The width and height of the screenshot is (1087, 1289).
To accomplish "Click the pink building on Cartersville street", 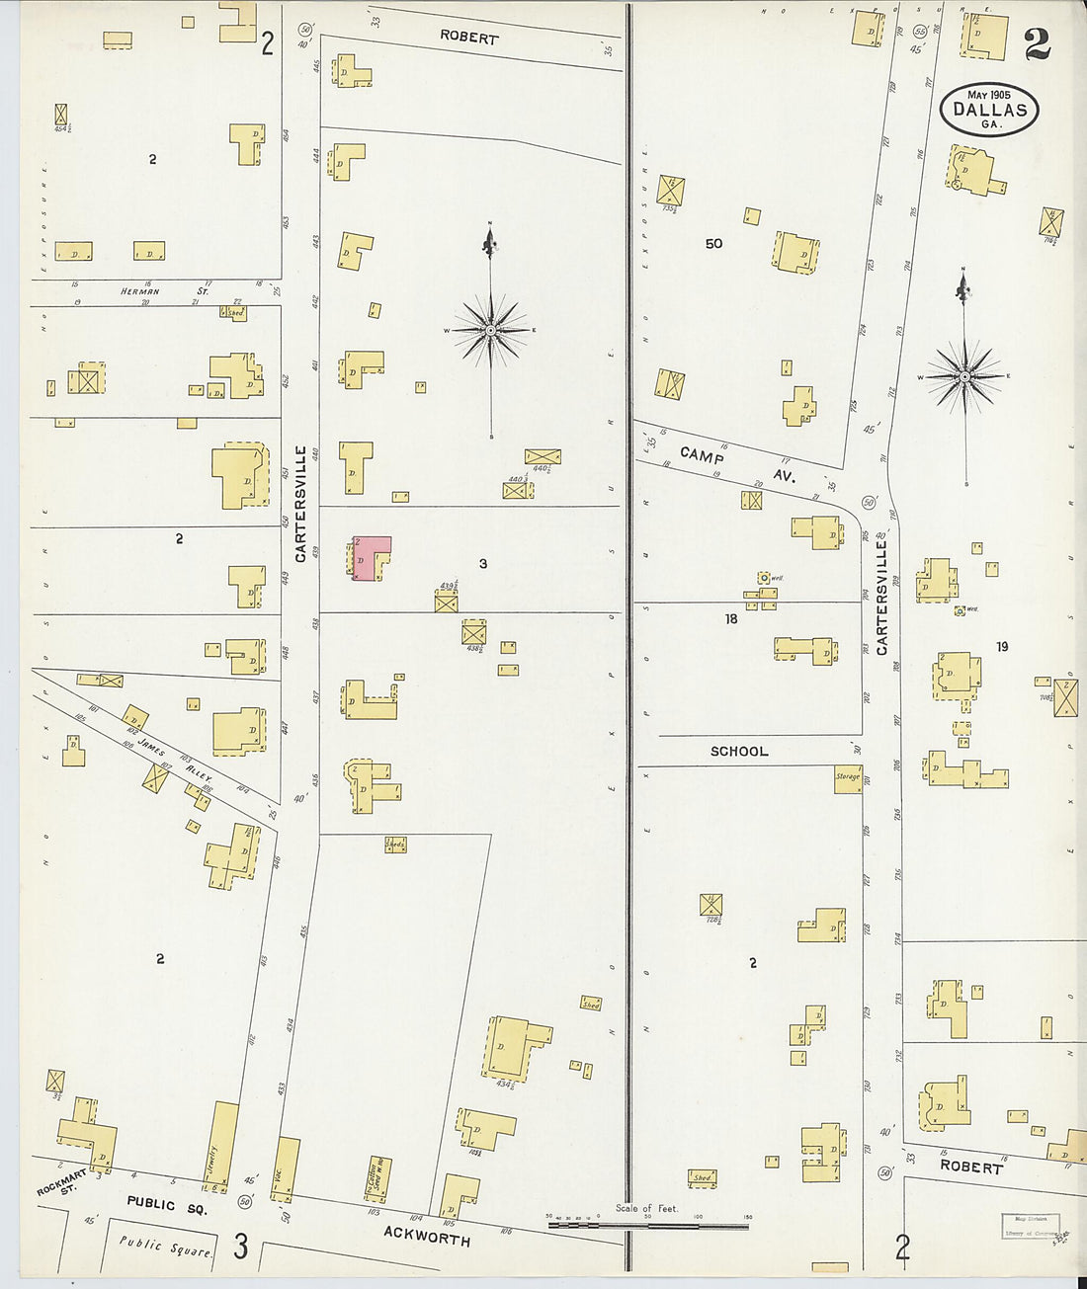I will point(369,558).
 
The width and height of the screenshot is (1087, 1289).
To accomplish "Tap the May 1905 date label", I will point(988,95).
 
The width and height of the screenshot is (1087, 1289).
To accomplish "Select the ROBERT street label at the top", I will point(468,38).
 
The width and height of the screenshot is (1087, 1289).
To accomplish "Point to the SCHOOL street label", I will point(738,752).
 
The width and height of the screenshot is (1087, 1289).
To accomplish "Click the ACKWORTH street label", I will point(427,1235).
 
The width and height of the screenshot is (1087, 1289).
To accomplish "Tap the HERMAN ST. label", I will point(164,291).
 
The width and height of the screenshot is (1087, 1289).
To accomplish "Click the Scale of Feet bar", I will point(647,1226).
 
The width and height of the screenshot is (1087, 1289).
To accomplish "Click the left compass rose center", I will point(491,330).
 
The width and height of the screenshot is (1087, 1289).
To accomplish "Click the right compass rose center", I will point(965,376).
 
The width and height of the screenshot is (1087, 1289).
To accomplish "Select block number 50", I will point(713,243).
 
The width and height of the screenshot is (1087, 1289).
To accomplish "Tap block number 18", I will point(730,618).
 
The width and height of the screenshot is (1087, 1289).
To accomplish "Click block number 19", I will point(1002,646).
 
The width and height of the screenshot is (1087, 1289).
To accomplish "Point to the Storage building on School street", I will point(848,777).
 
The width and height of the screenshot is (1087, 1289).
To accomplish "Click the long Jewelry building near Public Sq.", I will point(222,1146).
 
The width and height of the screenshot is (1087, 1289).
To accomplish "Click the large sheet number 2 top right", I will point(1037,45).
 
